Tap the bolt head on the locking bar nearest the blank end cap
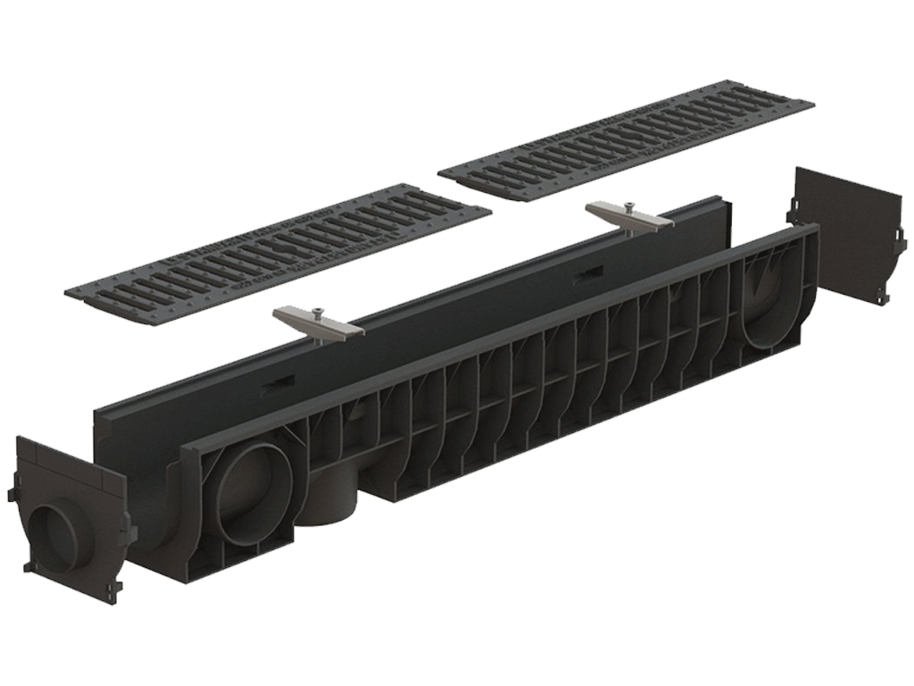point(629,207)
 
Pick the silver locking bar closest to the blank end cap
point(628,217)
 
